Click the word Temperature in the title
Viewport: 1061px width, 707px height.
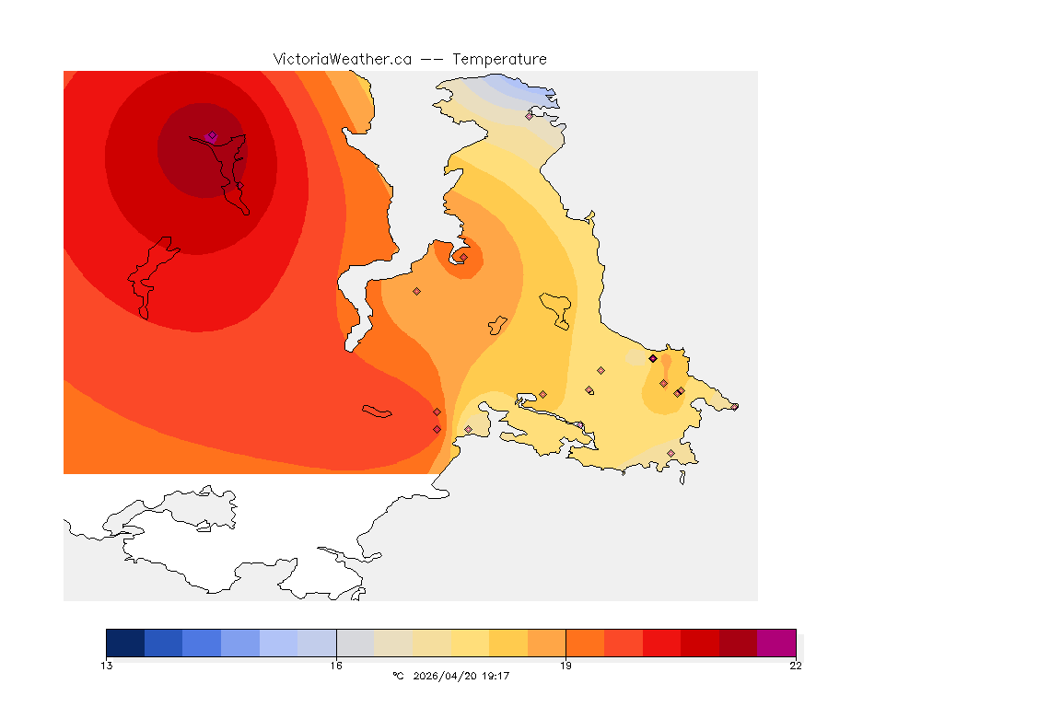pyautogui.click(x=500, y=60)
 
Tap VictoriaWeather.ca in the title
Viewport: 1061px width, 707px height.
pyautogui.click(x=342, y=60)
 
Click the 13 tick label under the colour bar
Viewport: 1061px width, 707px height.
pyautogui.click(x=107, y=666)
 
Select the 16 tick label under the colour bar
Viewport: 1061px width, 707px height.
pyautogui.click(x=336, y=666)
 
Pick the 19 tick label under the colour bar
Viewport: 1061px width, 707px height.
pyautogui.click(x=565, y=666)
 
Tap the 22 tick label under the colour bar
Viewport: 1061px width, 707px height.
pyautogui.click(x=795, y=666)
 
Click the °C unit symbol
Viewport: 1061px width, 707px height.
pyautogui.click(x=398, y=677)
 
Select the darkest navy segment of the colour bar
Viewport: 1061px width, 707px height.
pyautogui.click(x=125, y=643)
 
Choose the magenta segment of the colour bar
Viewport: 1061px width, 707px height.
pyautogui.click(x=775, y=643)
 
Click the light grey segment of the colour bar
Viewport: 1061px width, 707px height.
pyautogui.click(x=355, y=643)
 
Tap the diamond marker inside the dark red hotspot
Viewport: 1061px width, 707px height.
pyautogui.click(x=212, y=135)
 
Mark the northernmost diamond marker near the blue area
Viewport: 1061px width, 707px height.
pyautogui.click(x=530, y=116)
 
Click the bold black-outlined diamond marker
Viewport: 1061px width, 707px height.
pyautogui.click(x=653, y=358)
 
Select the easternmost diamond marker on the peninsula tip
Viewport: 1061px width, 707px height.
pyautogui.click(x=734, y=406)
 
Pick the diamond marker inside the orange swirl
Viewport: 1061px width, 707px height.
pyautogui.click(x=463, y=258)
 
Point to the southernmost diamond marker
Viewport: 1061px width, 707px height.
pyautogui.click(x=670, y=453)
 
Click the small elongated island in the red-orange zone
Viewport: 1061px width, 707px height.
pyautogui.click(x=378, y=411)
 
